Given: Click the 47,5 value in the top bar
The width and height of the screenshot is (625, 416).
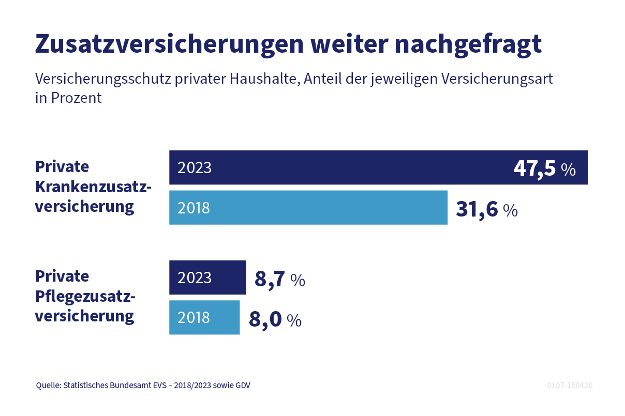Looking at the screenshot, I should coord(534,168).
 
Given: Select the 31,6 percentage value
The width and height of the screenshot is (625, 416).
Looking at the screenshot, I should coord(477,209).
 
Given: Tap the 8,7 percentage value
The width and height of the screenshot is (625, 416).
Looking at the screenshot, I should coord(270,279).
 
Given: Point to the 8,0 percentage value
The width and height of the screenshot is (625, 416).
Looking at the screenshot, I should coord(265,319).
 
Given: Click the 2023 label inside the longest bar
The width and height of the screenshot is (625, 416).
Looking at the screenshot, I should coord(195,168).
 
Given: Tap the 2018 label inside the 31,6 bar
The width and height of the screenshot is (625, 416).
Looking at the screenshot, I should coord(194,208).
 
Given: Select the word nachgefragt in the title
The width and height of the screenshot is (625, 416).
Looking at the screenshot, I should coord(468,44).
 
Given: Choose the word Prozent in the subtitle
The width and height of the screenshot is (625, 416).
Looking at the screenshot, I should coord(77,98).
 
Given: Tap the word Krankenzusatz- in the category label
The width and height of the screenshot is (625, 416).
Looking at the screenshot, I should coord(93,187).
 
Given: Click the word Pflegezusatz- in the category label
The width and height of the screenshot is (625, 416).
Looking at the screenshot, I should coord(85,296).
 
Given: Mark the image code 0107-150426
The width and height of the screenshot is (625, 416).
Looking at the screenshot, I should coord(570,386).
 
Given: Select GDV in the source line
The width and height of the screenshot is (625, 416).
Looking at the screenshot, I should coord(242,386).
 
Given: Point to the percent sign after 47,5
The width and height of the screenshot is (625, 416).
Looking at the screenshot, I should coord(568,170).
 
